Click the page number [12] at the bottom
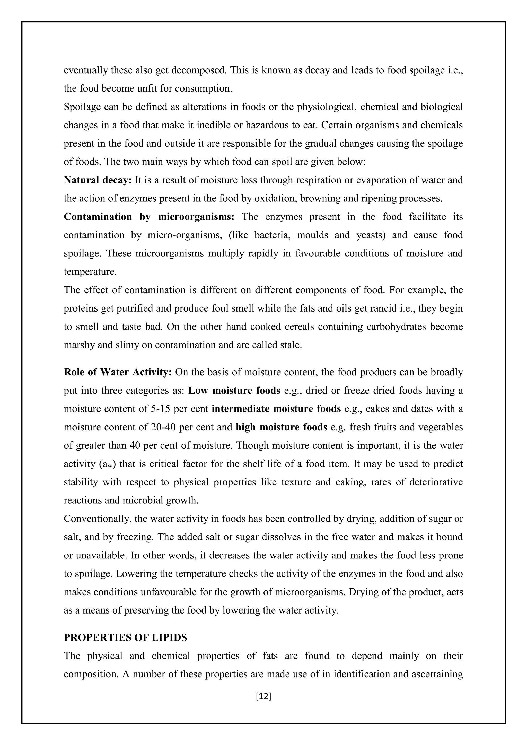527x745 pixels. (x=263, y=696)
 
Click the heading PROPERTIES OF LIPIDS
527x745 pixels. (x=125, y=637)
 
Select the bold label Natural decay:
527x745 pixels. (x=97, y=180)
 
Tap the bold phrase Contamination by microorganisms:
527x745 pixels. (x=149, y=217)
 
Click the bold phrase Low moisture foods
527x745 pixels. (x=234, y=390)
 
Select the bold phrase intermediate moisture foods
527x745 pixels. (x=276, y=409)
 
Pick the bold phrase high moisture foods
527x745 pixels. (x=281, y=427)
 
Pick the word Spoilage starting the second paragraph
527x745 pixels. (x=82, y=107)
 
